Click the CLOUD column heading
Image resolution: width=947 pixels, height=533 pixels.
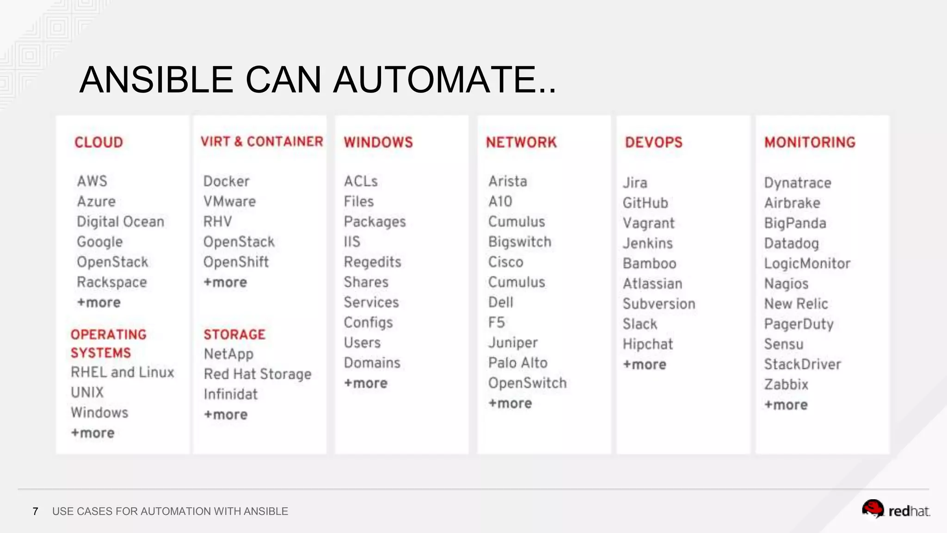tap(98, 142)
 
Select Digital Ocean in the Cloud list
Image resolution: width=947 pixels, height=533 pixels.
tap(120, 222)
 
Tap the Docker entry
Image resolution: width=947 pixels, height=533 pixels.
tap(226, 181)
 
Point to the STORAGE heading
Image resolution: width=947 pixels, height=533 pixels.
tap(234, 334)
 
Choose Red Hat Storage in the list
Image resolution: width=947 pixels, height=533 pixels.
tap(258, 374)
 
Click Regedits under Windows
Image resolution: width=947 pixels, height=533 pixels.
tap(372, 262)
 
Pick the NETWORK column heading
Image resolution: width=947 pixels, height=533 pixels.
tap(521, 142)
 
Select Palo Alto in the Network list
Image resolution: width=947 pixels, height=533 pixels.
tap(517, 363)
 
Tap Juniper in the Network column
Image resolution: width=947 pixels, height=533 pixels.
tap(513, 342)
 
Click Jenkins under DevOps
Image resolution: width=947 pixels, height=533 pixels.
tap(647, 243)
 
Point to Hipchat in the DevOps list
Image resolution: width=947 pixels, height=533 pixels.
tap(647, 344)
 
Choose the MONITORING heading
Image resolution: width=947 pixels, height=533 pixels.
tap(810, 142)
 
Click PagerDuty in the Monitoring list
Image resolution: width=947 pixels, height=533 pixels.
tap(799, 324)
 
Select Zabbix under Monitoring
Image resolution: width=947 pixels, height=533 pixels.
tap(786, 384)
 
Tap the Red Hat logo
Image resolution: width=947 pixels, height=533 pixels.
tap(895, 510)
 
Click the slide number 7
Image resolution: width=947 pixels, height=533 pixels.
tap(35, 511)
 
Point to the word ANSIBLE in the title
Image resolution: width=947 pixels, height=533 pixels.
tap(156, 80)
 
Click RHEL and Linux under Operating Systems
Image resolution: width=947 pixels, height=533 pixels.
tap(122, 372)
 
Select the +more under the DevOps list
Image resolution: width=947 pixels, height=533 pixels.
tap(644, 365)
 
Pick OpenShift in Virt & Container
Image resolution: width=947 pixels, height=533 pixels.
tap(236, 262)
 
